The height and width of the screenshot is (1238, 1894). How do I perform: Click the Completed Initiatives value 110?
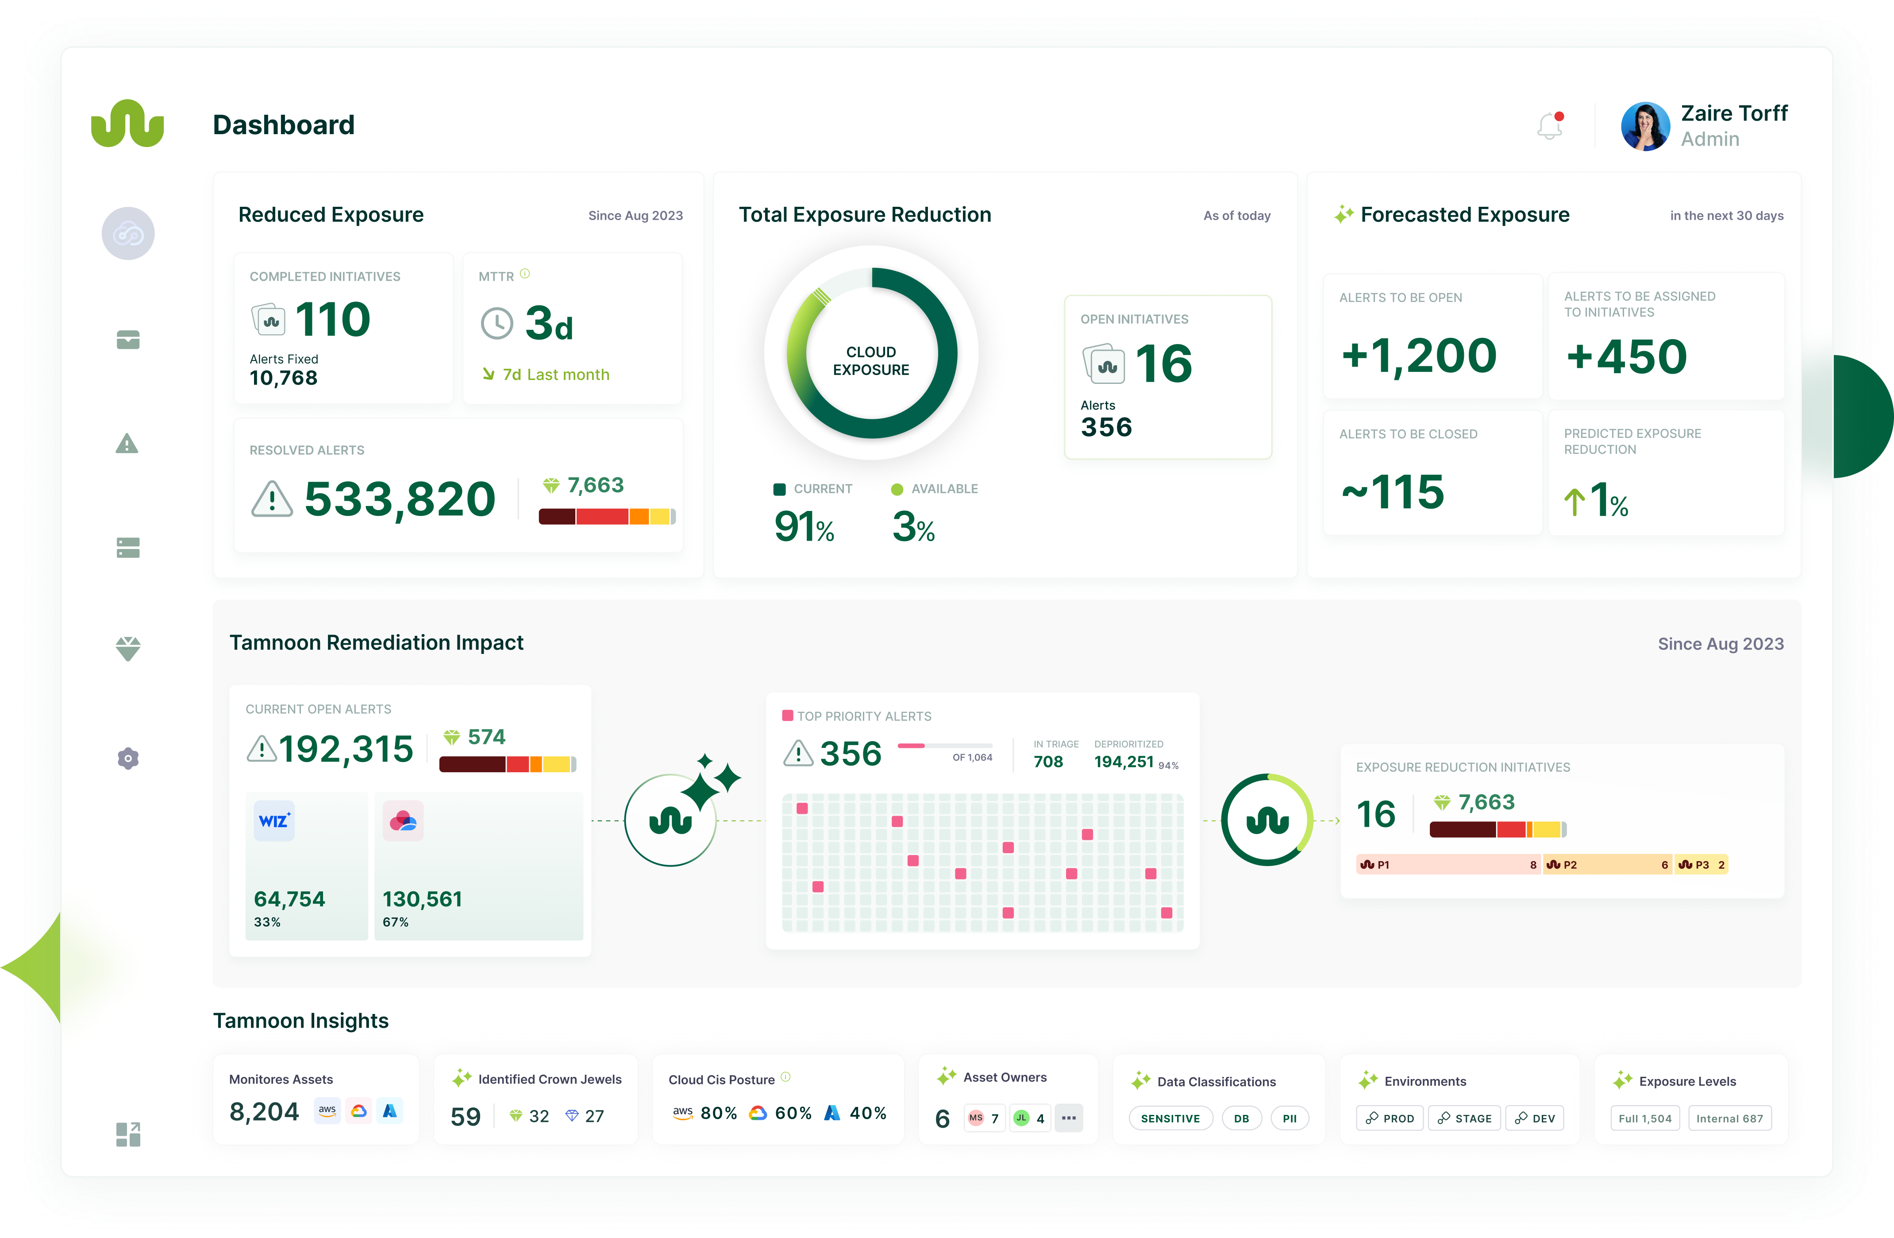tap(333, 320)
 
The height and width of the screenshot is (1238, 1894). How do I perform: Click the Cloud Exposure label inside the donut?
tap(870, 361)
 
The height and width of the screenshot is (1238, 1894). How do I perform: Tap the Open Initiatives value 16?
tap(1163, 365)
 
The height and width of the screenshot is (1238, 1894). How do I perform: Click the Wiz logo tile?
tap(274, 821)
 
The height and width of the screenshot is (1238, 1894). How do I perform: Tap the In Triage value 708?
tap(1048, 762)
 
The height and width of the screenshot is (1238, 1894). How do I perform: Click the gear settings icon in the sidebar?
tap(128, 759)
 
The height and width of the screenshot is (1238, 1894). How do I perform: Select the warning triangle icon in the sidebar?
tap(127, 444)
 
